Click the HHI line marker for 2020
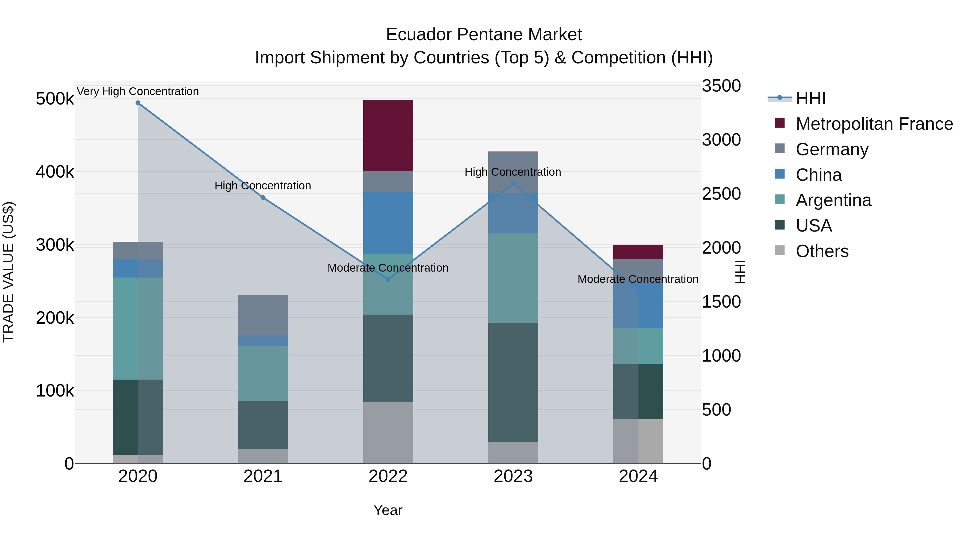[x=138, y=103]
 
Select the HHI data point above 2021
[x=263, y=198]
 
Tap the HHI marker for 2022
[x=388, y=279]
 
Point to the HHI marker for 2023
[x=513, y=183]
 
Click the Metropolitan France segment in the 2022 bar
[x=388, y=135]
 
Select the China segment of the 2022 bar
[x=388, y=223]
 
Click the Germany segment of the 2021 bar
[x=263, y=315]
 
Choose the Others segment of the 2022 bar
[x=388, y=433]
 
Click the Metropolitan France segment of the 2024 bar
[x=638, y=252]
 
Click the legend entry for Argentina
[x=833, y=200]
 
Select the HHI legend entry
[x=810, y=98]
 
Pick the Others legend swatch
[x=780, y=250]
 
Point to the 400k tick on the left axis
[x=55, y=172]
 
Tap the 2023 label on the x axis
[x=513, y=476]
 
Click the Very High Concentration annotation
[x=138, y=92]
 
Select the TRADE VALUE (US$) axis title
[x=8, y=272]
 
